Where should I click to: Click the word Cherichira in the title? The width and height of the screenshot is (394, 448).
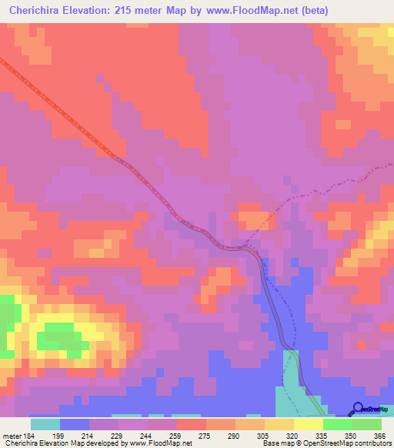39,10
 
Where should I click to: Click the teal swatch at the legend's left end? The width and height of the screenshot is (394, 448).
45,424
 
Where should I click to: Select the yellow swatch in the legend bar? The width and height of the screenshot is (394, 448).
308,424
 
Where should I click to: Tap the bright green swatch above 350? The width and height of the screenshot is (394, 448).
337,424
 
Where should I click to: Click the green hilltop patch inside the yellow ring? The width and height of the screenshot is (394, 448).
62,336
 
